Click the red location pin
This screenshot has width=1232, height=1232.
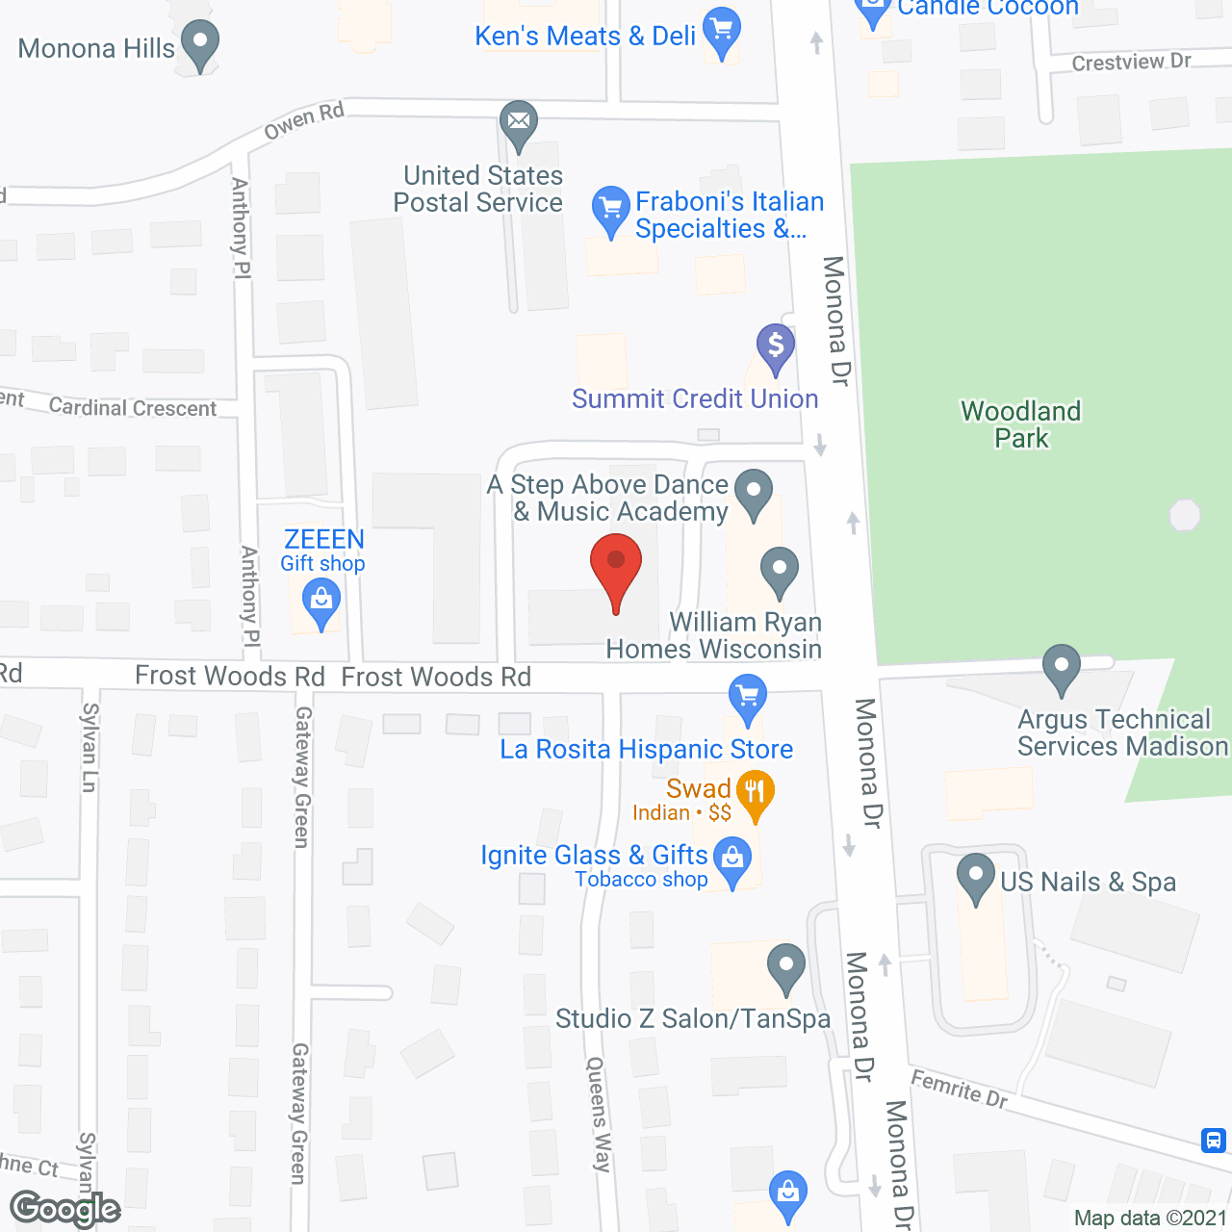616,568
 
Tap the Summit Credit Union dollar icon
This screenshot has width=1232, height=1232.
775,346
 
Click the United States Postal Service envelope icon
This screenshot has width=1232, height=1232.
519,122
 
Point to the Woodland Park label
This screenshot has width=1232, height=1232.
1021,424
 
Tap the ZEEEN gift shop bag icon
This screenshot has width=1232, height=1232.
321,603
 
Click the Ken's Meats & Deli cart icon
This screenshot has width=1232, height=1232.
722,31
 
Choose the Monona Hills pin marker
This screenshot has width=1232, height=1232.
200,43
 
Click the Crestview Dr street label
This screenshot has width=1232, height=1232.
1131,62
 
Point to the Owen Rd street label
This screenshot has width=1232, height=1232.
304,120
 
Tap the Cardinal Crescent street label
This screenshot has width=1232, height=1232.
133,407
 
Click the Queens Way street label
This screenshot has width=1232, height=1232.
599,1114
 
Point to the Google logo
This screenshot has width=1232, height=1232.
65,1209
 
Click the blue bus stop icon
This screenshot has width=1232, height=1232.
1213,1141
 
